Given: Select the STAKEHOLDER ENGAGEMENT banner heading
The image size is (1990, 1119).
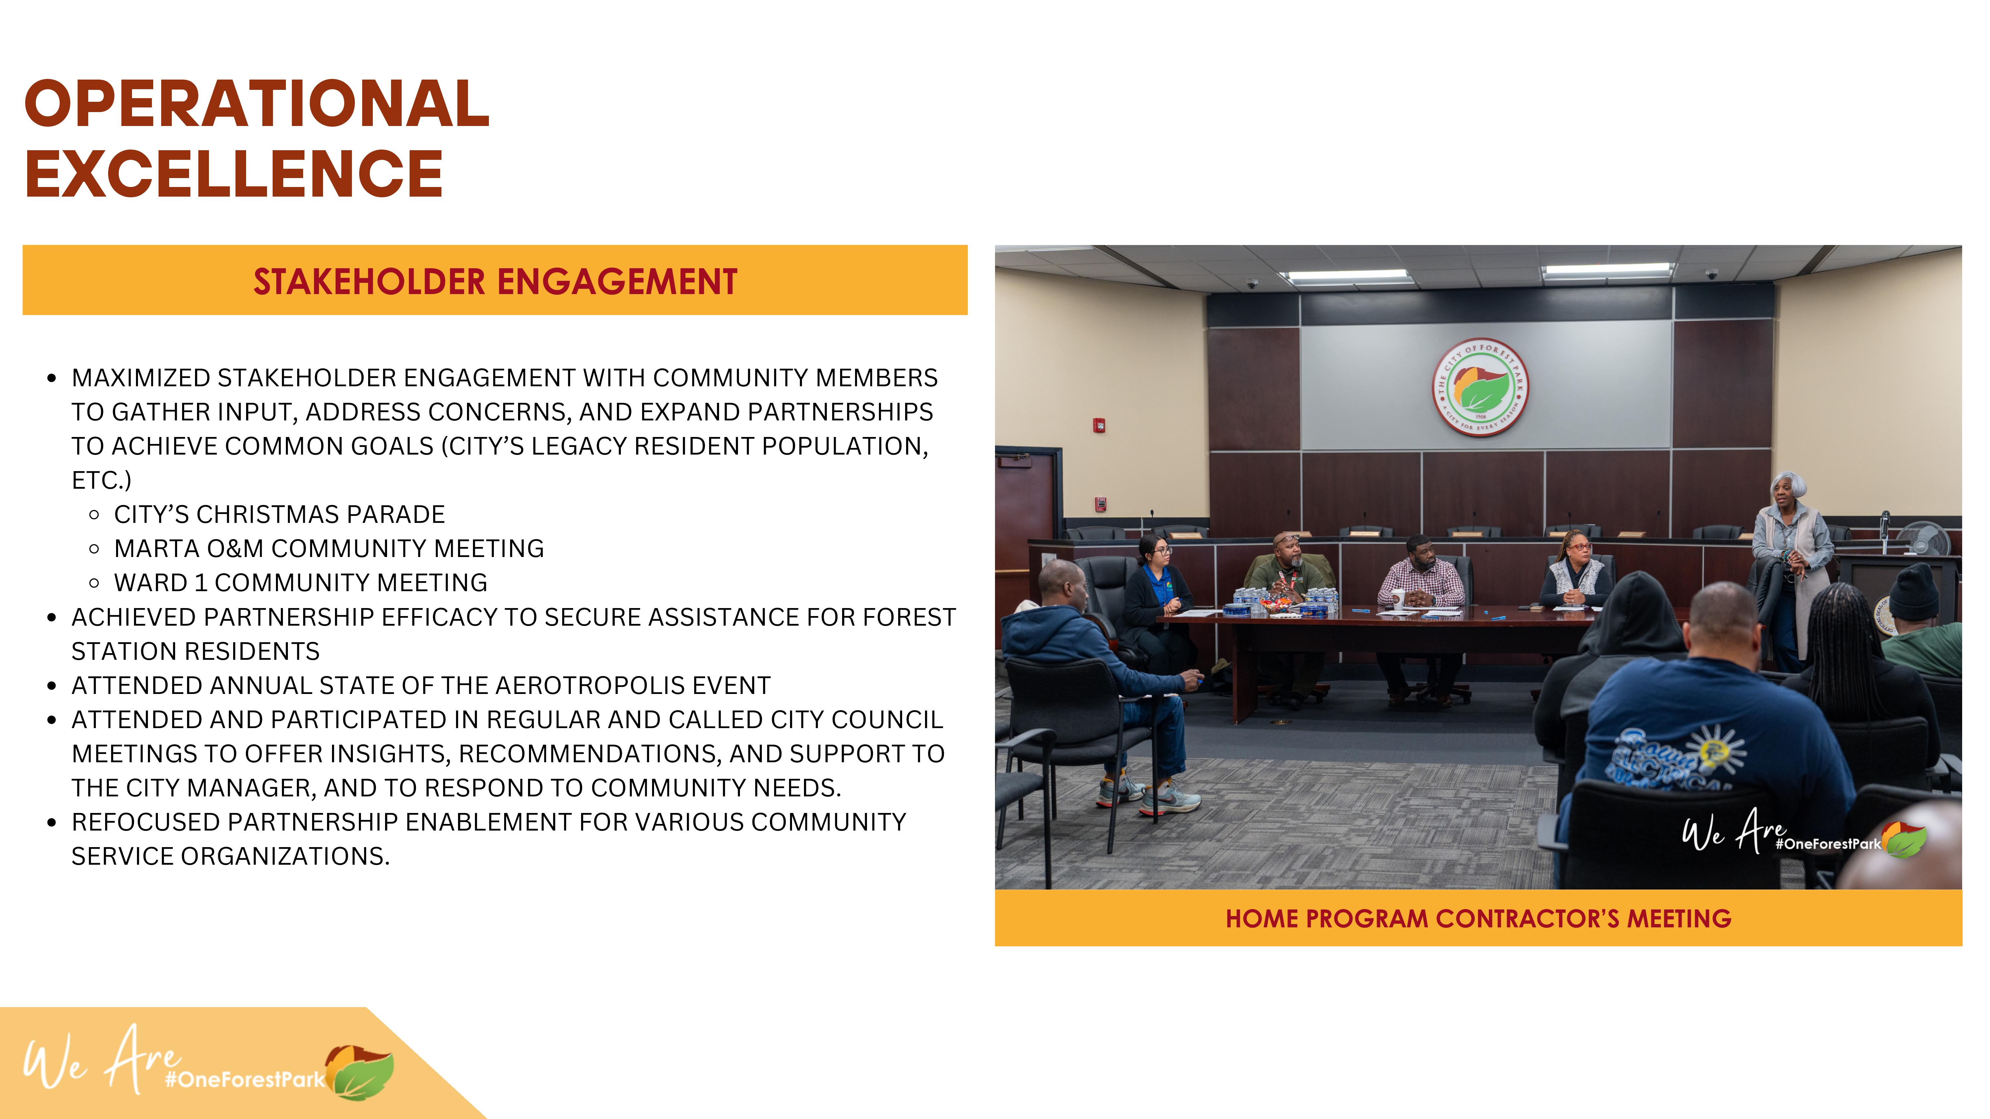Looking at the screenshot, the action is coord(495,281).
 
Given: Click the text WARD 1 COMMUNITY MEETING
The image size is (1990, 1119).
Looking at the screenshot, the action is coord(300,582).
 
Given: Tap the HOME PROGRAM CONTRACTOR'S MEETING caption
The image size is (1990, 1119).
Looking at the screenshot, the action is coord(1478,918).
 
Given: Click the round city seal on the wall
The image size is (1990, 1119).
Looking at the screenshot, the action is coord(1480,387).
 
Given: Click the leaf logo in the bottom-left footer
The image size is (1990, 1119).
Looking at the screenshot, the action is coord(360,1071).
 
